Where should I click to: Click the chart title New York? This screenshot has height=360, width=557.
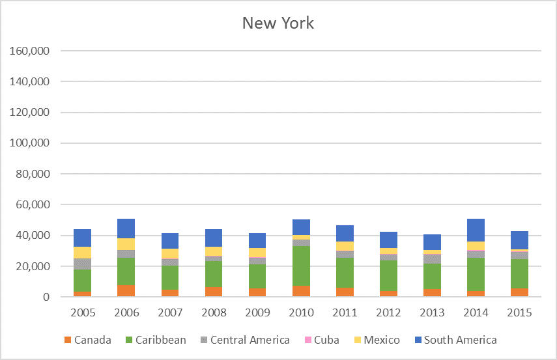pyautogui.click(x=278, y=23)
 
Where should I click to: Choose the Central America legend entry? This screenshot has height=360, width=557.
pyautogui.click(x=250, y=340)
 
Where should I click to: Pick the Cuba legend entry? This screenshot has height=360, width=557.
pyautogui.click(x=325, y=340)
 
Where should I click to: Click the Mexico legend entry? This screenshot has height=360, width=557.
pyautogui.click(x=382, y=340)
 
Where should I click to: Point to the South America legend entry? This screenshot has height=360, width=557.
pyautogui.click(x=460, y=340)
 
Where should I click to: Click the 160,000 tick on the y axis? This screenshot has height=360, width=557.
pyautogui.click(x=32, y=51)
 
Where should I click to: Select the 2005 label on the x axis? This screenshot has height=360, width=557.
pyautogui.click(x=83, y=312)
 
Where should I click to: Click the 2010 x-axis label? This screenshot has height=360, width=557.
pyautogui.click(x=301, y=312)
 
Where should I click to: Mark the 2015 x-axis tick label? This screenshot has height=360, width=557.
pyautogui.click(x=519, y=312)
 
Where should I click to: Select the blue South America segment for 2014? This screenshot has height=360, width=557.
pyautogui.click(x=476, y=230)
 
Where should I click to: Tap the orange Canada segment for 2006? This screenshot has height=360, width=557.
pyautogui.click(x=126, y=290)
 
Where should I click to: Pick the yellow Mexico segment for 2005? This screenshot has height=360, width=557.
pyautogui.click(x=83, y=253)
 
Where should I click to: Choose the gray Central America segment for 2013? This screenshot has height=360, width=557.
pyautogui.click(x=432, y=258)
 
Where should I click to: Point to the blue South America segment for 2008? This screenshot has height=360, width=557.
pyautogui.click(x=214, y=238)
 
